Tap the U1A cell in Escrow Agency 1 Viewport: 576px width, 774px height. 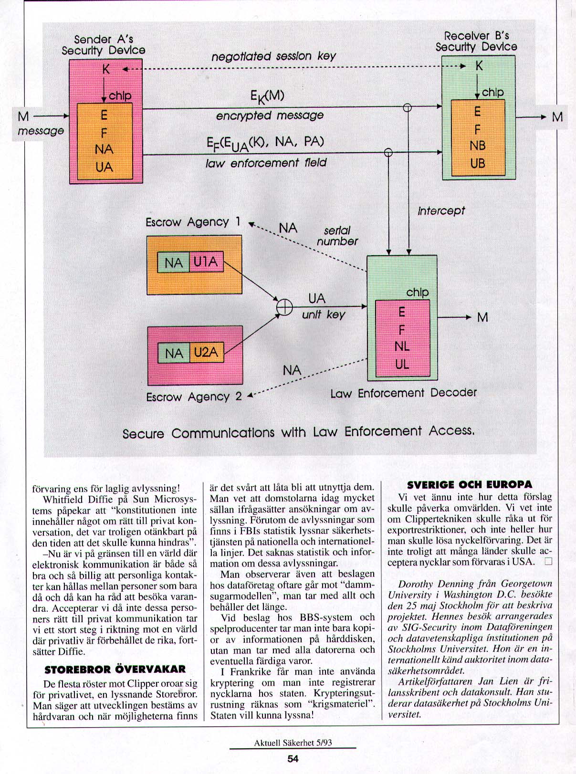pyautogui.click(x=206, y=262)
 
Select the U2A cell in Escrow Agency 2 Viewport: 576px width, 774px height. pyautogui.click(x=206, y=353)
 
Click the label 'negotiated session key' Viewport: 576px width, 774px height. pyautogui.click(x=273, y=56)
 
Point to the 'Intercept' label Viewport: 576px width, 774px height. pyautogui.click(x=441, y=210)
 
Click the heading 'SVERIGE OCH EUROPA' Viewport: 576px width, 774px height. pyautogui.click(x=470, y=485)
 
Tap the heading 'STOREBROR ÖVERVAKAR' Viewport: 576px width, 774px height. pyautogui.click(x=115, y=669)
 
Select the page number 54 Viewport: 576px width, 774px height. pyautogui.click(x=293, y=759)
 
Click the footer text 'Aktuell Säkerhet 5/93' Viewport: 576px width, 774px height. pyautogui.click(x=293, y=743)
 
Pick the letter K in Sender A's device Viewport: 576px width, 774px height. pyautogui.click(x=106, y=70)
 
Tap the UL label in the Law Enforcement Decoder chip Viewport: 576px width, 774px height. pyautogui.click(x=402, y=364)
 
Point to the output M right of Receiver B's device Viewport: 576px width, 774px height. pyautogui.click(x=557, y=117)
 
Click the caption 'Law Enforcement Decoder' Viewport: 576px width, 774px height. pyautogui.click(x=403, y=393)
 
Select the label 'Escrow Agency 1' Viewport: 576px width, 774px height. pyautogui.click(x=193, y=222)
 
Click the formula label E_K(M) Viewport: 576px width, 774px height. pyautogui.click(x=267, y=96)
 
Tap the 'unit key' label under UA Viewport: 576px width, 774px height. pyautogui.click(x=323, y=314)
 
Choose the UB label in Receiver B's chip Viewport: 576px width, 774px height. pyautogui.click(x=477, y=163)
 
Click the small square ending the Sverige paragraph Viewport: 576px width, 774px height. pyautogui.click(x=548, y=561)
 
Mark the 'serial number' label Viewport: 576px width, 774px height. pyautogui.click(x=337, y=236)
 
